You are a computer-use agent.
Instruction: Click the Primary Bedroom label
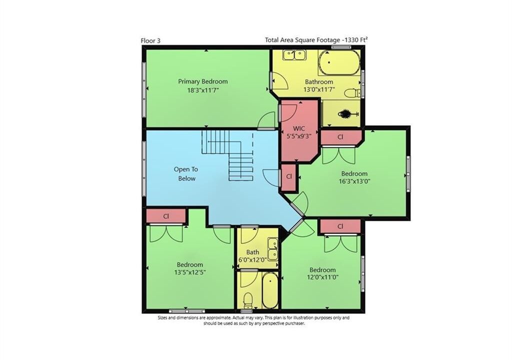[x=203, y=81]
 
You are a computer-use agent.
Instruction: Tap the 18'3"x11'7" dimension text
[x=203, y=90]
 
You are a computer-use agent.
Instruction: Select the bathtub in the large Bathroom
[x=339, y=62]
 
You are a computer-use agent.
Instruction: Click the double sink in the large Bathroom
[x=294, y=55]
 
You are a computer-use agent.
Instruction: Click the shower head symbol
[x=347, y=114]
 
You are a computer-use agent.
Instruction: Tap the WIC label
[x=299, y=128]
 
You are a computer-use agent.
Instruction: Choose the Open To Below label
[x=186, y=174]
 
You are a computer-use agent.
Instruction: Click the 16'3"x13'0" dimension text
[x=354, y=181]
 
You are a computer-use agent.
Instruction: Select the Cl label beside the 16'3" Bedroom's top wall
[x=340, y=137]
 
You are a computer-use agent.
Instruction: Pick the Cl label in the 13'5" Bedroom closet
[x=166, y=216]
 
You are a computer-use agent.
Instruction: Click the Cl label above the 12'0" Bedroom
[x=340, y=226]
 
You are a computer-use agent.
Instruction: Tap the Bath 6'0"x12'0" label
[x=252, y=256]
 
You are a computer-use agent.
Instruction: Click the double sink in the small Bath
[x=272, y=249]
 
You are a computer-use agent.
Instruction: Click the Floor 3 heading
[x=150, y=41]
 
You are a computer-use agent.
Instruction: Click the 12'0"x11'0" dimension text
[x=322, y=277]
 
